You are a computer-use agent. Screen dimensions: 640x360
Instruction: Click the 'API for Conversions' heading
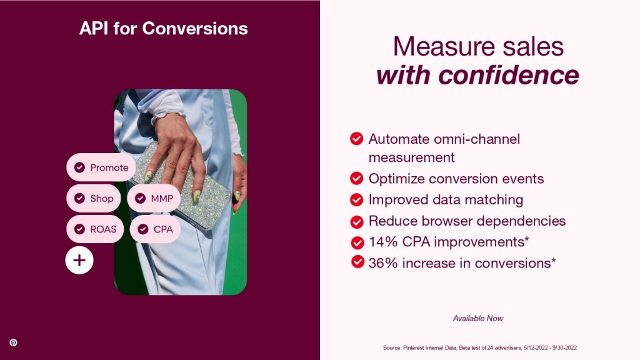163,29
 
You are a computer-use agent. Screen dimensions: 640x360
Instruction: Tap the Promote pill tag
101,167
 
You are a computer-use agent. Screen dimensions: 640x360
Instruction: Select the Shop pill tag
94,198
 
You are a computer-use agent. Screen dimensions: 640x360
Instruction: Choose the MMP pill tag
154,198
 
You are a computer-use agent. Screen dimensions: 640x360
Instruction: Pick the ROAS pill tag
95,229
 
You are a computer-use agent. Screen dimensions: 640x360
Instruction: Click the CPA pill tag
155,229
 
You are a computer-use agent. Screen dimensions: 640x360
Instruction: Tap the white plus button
79,260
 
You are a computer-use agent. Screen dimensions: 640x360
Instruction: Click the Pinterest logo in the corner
14,342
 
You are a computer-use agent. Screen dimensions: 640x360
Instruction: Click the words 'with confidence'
477,75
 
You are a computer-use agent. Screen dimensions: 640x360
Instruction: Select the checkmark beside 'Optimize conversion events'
357,178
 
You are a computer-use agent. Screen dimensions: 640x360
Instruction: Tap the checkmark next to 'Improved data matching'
357,199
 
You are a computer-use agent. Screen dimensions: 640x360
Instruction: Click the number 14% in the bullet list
383,242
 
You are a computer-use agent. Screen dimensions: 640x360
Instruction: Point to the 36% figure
383,263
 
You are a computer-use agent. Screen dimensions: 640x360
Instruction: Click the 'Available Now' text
478,318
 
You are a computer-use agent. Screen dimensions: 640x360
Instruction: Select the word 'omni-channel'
477,139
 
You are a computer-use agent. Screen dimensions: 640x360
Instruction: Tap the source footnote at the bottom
480,347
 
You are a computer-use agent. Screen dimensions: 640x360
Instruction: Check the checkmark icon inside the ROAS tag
79,229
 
